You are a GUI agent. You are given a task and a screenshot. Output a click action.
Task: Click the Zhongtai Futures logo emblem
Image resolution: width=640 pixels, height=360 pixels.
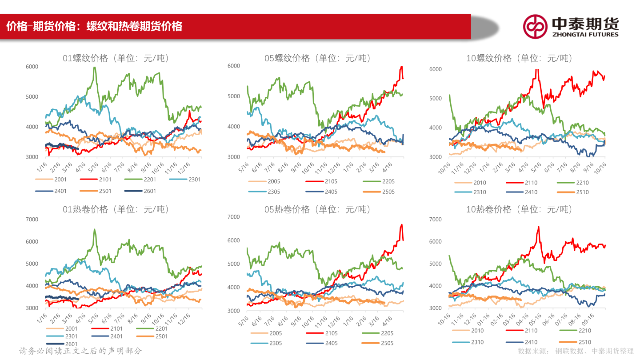(535, 27)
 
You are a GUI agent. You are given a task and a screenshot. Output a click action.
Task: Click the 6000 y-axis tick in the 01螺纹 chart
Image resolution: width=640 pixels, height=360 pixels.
(32, 67)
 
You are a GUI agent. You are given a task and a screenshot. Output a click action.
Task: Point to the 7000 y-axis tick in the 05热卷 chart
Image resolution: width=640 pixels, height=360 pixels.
(234, 217)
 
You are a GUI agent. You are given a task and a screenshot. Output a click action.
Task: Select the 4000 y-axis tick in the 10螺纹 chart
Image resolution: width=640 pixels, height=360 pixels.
(435, 128)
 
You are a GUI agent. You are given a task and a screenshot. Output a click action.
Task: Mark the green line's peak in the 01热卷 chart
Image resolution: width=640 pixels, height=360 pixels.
(95, 230)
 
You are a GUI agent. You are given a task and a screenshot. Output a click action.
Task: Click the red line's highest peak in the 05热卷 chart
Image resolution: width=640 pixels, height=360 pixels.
(402, 224)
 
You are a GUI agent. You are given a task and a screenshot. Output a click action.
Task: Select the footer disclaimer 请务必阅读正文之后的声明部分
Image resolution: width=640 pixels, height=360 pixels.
(80, 351)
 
